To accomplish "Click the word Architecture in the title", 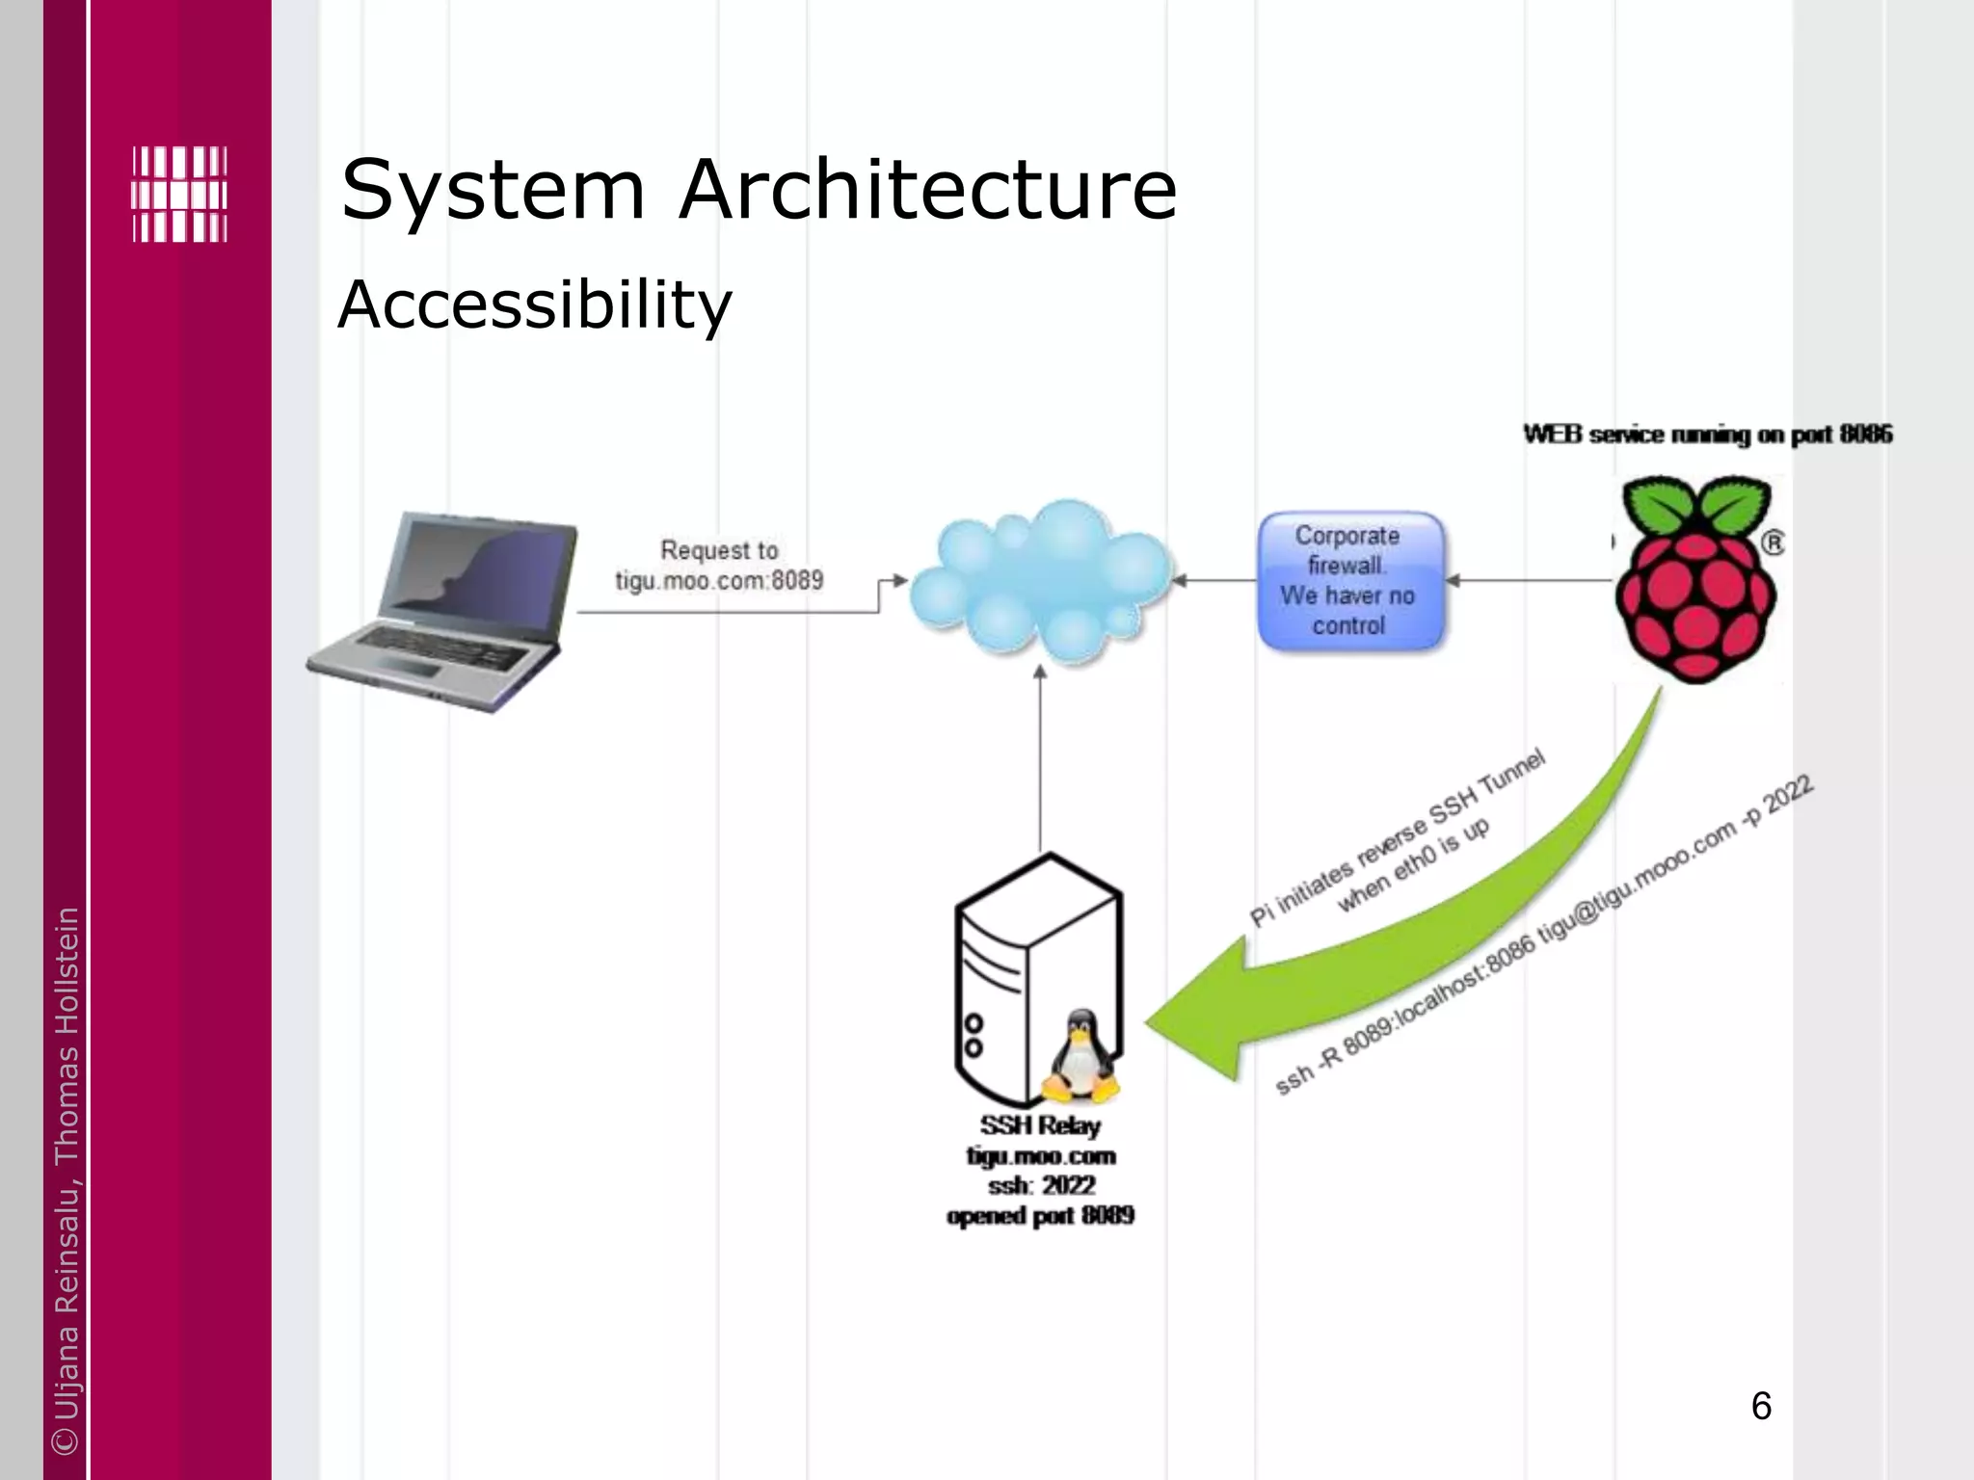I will [927, 190].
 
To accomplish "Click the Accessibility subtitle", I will [535, 304].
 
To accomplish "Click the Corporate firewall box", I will [1349, 581].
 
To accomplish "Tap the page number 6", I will [1760, 1407].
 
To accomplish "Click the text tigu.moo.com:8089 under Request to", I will [720, 581].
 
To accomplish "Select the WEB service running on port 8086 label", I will [1707, 435].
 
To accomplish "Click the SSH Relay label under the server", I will [1040, 1125].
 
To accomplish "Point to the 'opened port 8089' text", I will [1040, 1216].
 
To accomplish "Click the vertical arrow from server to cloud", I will [1040, 761].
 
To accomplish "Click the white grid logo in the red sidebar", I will [179, 195].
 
